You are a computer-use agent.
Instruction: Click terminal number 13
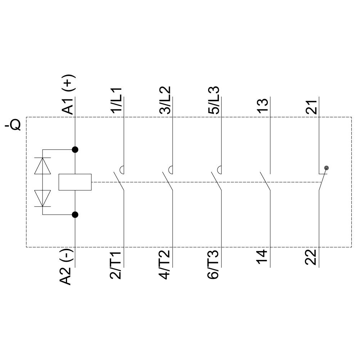[263, 106]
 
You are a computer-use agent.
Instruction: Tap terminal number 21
[312, 106]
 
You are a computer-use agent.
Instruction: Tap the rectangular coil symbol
[75, 182]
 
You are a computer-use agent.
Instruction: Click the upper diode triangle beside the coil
[42, 166]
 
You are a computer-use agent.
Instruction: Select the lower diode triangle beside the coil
[42, 198]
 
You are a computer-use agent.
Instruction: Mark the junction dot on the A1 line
[75, 149]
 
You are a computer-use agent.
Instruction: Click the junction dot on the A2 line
[75, 215]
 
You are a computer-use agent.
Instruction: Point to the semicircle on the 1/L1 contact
[122, 168]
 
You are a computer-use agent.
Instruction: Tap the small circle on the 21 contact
[326, 168]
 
